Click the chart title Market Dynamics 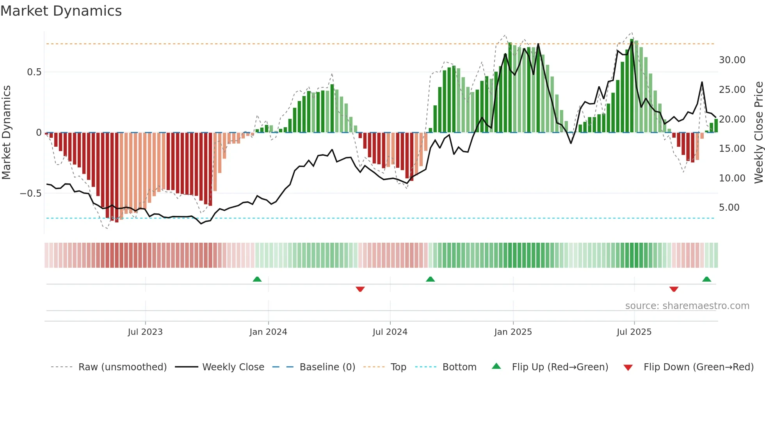pos(61,11)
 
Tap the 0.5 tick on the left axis pos(34,72)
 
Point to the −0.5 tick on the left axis pos(30,194)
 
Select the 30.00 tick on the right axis pos(732,60)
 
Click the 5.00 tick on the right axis pos(729,208)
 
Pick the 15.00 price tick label pos(732,149)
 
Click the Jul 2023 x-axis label pos(145,332)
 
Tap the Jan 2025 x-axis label pos(513,332)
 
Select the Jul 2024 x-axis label pos(390,332)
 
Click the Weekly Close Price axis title pos(758,133)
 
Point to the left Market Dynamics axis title pos(6,133)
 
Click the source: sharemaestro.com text pos(687,306)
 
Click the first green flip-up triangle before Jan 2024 pos(257,279)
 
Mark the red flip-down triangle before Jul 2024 pos(360,289)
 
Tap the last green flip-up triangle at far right pos(706,279)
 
